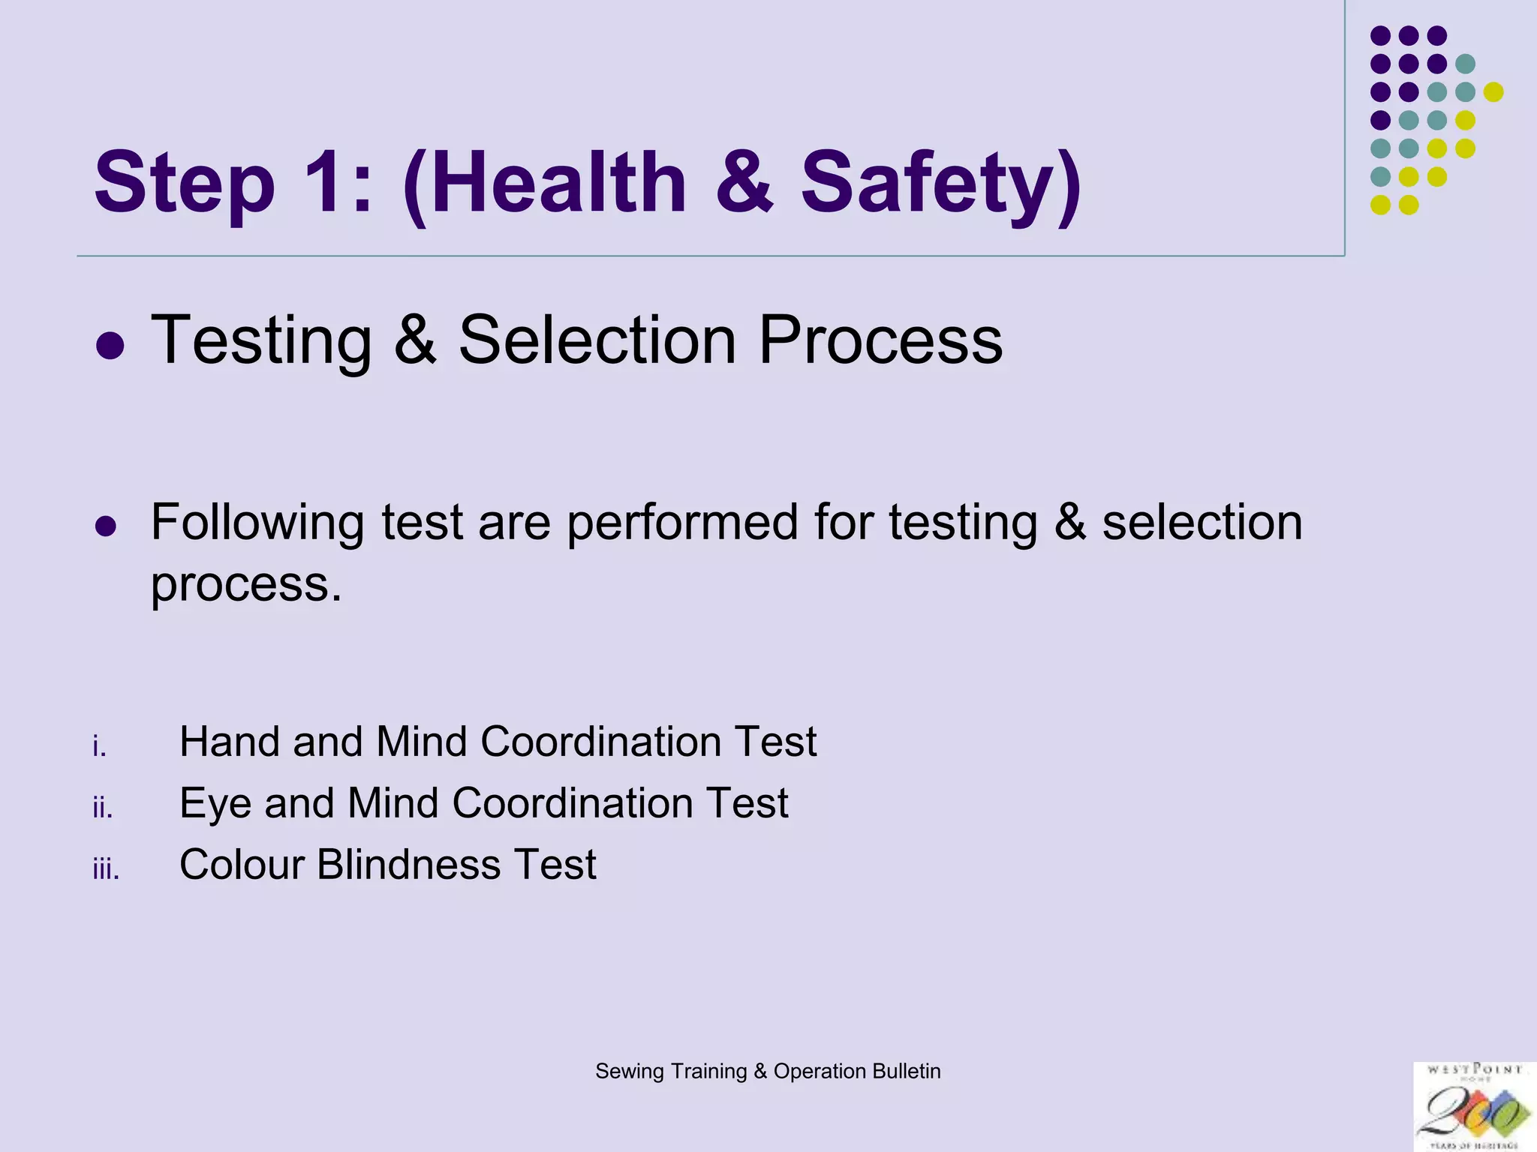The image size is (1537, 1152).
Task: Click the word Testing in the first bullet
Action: click(x=262, y=341)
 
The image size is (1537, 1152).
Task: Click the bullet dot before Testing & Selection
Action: click(x=110, y=346)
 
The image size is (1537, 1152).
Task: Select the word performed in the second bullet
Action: click(x=681, y=523)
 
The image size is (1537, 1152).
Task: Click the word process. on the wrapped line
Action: click(x=246, y=584)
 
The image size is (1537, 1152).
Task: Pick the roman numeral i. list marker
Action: click(x=100, y=746)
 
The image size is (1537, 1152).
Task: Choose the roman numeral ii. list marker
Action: click(x=103, y=808)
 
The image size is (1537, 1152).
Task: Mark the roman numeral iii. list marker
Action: click(x=106, y=869)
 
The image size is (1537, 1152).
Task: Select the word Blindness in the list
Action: click(x=408, y=865)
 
